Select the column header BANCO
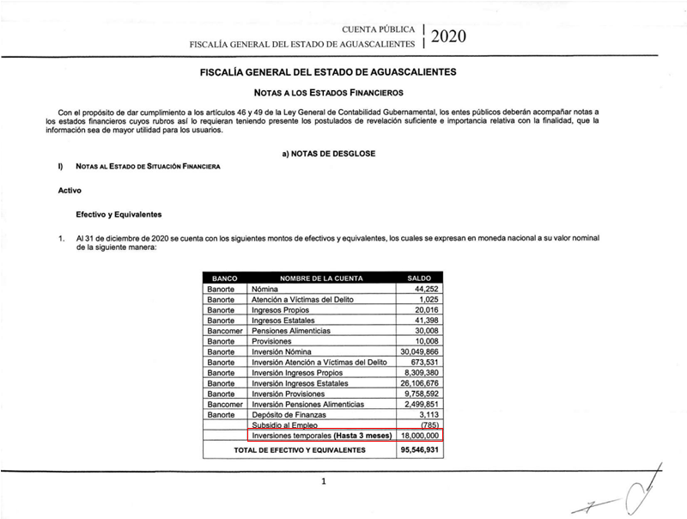[223, 278]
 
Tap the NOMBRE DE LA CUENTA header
[315, 278]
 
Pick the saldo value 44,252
[427, 290]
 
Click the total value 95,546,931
[420, 449]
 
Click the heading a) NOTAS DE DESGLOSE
[324, 153]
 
